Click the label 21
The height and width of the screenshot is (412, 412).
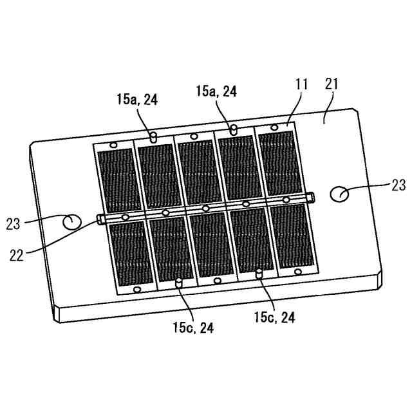(x=332, y=84)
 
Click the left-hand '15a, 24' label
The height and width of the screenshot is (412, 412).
(x=137, y=100)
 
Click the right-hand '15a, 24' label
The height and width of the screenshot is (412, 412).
(x=216, y=92)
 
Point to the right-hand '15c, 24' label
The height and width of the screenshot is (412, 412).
(x=275, y=316)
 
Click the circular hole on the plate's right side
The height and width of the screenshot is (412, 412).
(x=339, y=192)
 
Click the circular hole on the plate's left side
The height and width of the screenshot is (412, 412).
(x=71, y=222)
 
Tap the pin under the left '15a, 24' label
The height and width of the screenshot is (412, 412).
(x=153, y=137)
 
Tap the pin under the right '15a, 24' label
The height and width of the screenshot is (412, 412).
(x=234, y=130)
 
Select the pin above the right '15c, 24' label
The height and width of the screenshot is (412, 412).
(x=259, y=274)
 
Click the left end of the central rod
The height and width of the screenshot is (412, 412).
(x=101, y=219)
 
